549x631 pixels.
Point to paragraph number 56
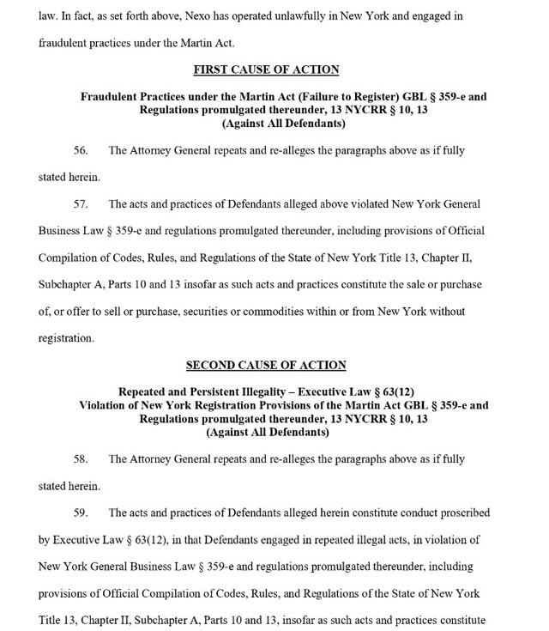click(81, 151)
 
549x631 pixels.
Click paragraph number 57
click(81, 204)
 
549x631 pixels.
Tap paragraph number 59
click(81, 513)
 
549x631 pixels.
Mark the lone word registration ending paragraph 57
click(66, 338)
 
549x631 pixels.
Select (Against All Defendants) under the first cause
click(283, 124)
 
